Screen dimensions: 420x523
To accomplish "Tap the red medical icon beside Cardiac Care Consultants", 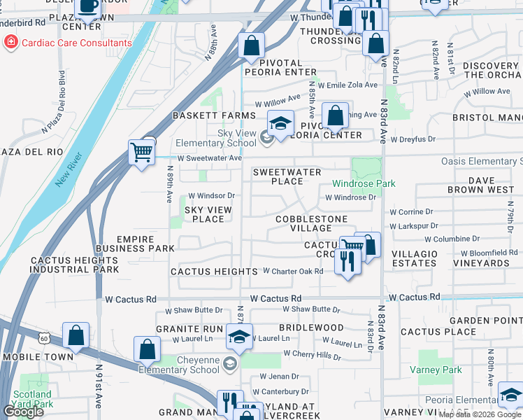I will [10, 43].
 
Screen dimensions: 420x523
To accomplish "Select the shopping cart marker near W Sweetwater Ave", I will [141, 151].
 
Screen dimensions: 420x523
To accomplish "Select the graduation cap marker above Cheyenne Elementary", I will [239, 337].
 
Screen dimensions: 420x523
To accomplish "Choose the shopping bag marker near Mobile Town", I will [76, 336].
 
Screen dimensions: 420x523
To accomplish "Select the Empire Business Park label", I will [136, 244].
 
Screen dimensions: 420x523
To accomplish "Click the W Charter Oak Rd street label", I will [292, 271].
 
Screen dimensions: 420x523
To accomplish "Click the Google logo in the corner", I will [23, 412].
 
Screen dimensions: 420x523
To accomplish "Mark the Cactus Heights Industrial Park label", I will [75, 265].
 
